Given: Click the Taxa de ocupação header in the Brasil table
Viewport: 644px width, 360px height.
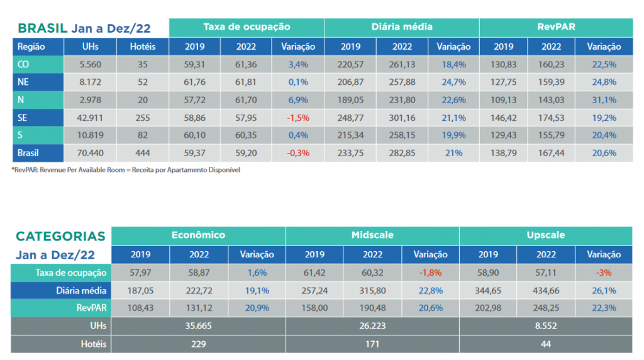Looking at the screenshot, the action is point(247,27).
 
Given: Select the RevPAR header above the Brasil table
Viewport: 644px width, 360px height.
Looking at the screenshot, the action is point(556,27).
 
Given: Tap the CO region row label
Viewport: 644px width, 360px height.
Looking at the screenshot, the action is point(23,65).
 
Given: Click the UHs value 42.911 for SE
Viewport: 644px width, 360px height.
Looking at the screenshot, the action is point(90,118).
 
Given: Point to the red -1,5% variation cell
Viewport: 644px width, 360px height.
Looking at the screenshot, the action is point(297,118).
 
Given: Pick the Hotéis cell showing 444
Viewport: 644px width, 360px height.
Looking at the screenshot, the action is point(143,154).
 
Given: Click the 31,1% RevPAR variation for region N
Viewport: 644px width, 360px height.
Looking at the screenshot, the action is point(604,100).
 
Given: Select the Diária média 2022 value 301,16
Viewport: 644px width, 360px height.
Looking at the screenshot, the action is point(402,118).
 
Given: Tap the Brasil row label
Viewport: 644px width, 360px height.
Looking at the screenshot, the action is point(28,154).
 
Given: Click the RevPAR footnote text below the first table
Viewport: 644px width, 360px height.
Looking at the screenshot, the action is point(126,170).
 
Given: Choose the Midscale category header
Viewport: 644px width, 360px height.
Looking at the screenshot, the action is point(372,235).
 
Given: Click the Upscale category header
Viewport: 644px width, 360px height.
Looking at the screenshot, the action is point(545,235).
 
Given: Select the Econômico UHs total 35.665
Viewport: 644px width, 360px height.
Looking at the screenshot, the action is point(198,326).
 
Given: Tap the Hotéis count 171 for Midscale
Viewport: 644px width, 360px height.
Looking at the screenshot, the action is point(372,344).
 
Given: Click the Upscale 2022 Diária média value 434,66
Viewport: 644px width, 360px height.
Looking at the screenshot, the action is point(546,291).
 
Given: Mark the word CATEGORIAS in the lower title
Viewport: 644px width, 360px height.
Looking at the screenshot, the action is point(60,236).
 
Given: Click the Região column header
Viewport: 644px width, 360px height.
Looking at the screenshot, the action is point(31,47).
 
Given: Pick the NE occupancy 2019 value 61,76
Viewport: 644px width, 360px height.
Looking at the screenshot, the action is point(194,82).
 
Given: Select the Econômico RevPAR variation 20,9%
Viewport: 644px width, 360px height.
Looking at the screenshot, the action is point(257,308).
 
